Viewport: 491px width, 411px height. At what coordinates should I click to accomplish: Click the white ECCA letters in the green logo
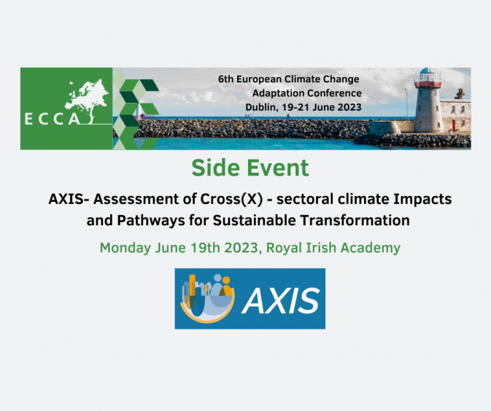point(53,119)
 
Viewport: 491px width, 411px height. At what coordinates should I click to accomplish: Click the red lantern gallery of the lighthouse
point(428,84)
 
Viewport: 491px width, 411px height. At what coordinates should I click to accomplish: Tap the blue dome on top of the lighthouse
point(428,71)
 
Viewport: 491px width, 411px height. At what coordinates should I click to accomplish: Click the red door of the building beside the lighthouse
point(453,125)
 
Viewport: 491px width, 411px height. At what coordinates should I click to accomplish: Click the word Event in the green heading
point(278,168)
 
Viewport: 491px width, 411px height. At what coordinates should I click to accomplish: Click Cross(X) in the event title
point(231,199)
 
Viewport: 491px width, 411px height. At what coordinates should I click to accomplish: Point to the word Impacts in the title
point(422,199)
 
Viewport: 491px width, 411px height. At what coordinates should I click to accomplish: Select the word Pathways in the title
point(151,221)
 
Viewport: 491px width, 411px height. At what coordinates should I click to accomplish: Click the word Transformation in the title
point(355,220)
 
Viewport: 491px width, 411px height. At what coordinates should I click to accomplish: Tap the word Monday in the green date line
point(125,248)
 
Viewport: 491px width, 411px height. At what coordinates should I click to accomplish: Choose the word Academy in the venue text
point(371,248)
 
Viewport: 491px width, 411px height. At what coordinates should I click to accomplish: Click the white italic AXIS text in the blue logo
point(281,300)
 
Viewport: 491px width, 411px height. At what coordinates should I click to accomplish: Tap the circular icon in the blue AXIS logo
point(207,298)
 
